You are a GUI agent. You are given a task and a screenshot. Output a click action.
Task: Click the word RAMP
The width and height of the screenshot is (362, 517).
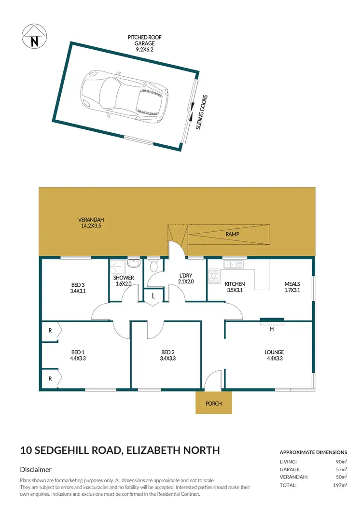(x=232, y=234)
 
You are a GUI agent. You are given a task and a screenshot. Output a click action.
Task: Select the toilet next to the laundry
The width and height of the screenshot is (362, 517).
(x=154, y=266)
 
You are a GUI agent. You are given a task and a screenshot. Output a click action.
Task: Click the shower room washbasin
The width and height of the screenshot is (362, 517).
(x=136, y=264)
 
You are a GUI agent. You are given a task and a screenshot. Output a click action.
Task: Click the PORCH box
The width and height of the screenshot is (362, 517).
(x=213, y=402)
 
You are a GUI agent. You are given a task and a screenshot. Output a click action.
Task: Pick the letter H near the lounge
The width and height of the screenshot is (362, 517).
(x=272, y=329)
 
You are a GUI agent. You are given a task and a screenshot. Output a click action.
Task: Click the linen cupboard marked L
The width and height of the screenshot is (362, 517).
(x=153, y=296)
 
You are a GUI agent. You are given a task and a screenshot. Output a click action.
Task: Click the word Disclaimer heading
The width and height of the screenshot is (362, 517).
(x=36, y=469)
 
